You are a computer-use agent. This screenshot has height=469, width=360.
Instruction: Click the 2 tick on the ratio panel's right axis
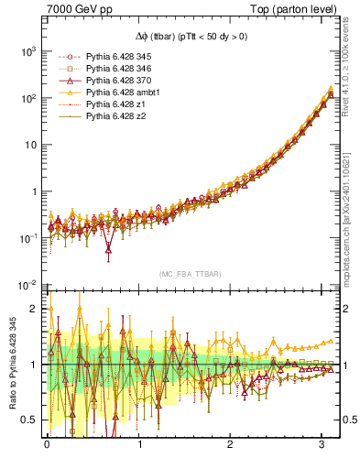346,309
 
